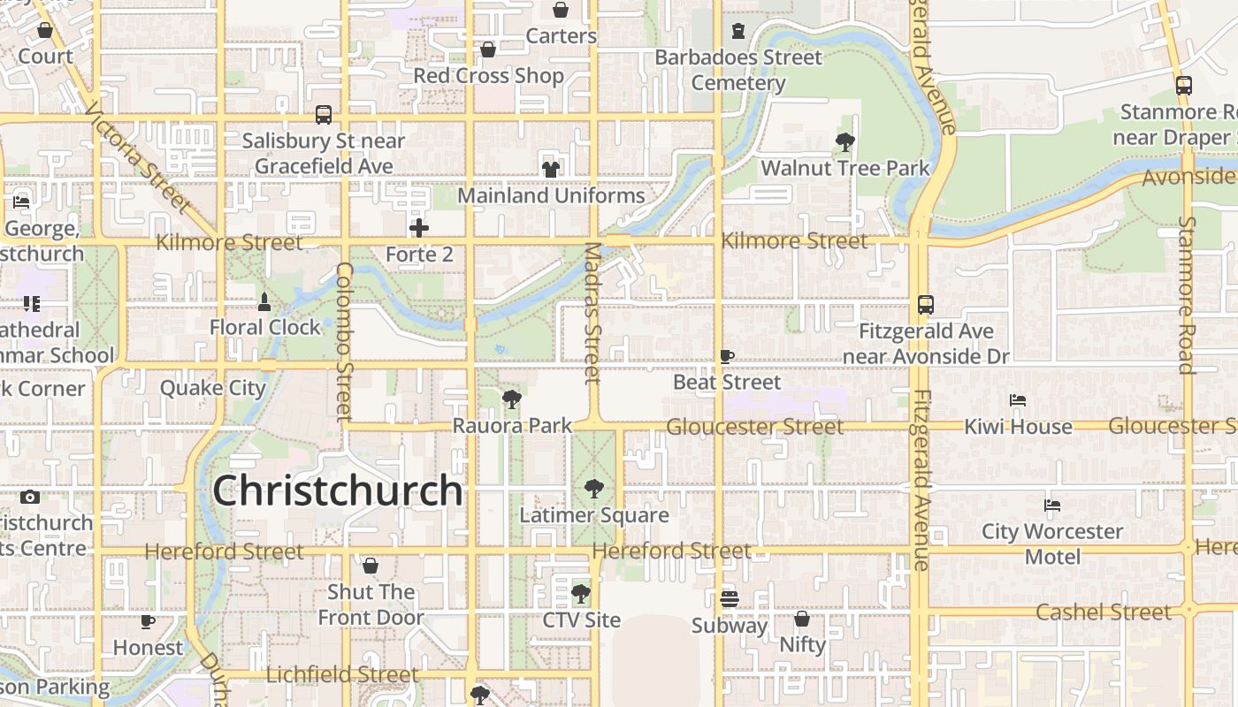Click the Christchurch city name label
337,490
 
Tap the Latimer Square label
594,515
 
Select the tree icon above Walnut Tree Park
845,141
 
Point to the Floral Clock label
265,327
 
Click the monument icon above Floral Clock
264,302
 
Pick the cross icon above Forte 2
419,229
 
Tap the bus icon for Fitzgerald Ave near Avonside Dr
926,305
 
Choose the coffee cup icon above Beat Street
727,357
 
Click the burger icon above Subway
729,599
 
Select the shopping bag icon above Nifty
802,619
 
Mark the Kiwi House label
1018,427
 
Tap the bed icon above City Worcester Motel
1052,506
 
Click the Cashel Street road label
1103,612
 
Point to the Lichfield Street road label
342,674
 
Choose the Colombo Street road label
345,340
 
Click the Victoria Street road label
139,158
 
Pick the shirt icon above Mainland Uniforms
551,169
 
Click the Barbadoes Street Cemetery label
738,70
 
